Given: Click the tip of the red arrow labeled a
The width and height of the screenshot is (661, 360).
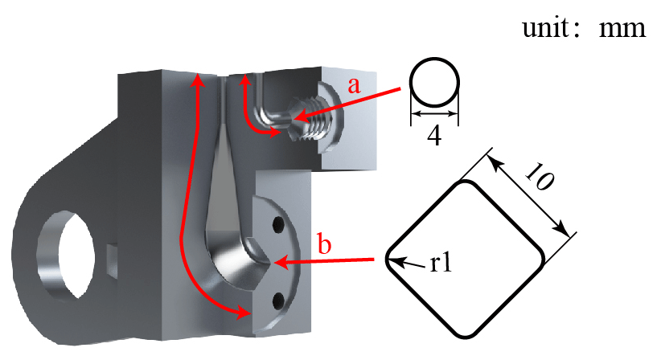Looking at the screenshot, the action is point(292,119).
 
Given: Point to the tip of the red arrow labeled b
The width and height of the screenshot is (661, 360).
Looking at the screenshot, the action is point(274,263).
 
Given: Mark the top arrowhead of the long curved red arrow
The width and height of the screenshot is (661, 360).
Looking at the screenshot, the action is point(198,75).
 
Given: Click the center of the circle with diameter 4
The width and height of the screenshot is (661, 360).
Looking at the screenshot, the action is point(434,82).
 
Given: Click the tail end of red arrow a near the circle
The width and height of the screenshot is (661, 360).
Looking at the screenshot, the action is point(400,88).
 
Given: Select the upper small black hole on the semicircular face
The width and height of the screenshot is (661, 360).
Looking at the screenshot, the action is point(277,225).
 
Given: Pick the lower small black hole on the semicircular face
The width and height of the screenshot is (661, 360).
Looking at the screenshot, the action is point(277,301).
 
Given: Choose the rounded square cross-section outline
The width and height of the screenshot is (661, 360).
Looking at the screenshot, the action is point(466,259).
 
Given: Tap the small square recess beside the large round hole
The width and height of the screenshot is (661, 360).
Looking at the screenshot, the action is point(112,261).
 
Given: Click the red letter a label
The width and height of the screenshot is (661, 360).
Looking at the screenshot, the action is point(355,85).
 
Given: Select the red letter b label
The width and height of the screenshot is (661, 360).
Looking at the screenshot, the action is point(324,244).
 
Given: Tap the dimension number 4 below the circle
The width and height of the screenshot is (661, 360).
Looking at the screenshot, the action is point(434,136).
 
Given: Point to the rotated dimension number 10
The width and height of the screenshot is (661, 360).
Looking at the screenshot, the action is point(539,177).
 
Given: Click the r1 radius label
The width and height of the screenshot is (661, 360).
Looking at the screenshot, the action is point(441,264).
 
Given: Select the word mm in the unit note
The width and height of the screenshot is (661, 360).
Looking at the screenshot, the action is point(622,29).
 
